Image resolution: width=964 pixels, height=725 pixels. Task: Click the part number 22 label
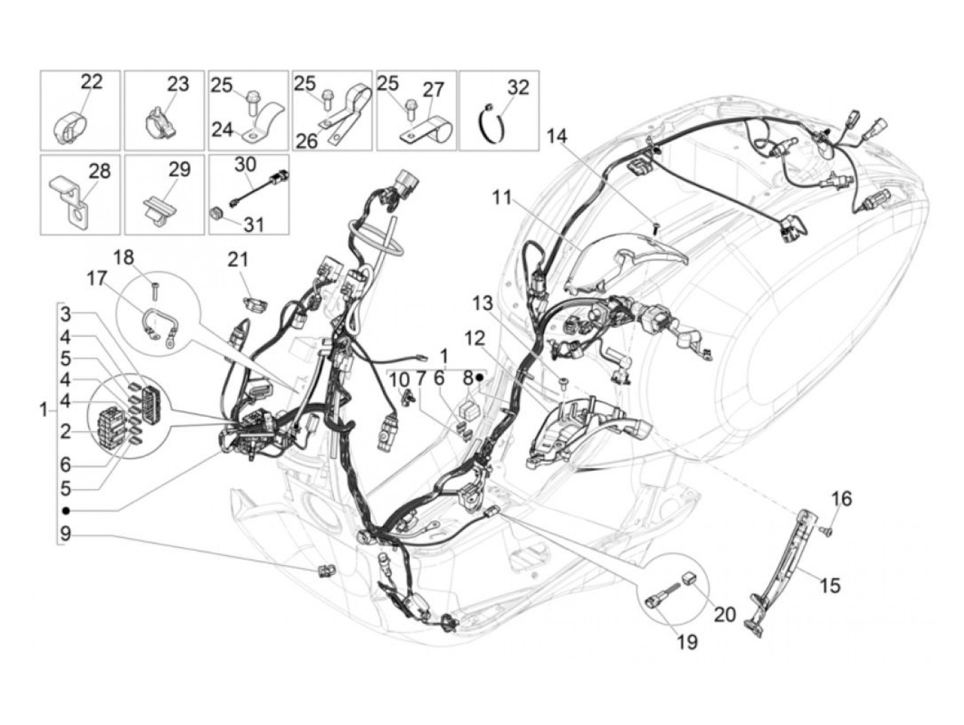[x=91, y=81]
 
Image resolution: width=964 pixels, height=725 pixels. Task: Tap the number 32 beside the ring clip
[x=518, y=88]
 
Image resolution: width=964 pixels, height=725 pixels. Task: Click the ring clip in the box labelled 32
[x=497, y=123]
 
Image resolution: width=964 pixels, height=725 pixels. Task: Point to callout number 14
[x=557, y=136]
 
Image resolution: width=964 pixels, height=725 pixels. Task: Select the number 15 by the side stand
[x=830, y=585]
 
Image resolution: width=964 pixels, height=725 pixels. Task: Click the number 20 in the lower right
[x=725, y=613]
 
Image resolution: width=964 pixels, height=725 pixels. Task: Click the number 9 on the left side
[x=65, y=533]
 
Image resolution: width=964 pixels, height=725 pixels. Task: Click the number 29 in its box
[x=180, y=170]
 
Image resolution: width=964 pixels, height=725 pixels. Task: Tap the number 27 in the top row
[x=434, y=90]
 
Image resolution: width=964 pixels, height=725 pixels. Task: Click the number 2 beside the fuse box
[x=65, y=431]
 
